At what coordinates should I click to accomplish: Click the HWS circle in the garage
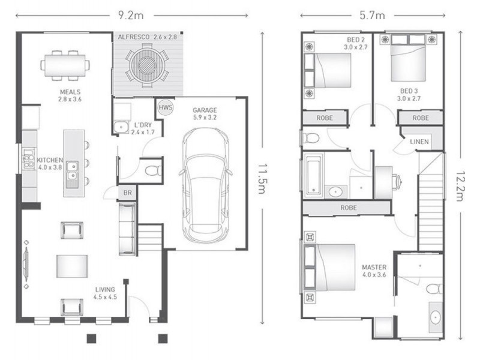tap(166, 108)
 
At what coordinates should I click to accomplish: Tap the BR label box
tap(127, 193)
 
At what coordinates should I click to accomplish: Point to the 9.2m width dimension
tap(131, 15)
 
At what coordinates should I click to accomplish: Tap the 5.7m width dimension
tap(372, 15)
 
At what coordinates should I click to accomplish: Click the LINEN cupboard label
tap(419, 142)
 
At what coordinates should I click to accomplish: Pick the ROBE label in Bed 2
tap(325, 118)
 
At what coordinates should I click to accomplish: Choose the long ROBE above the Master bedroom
tap(349, 208)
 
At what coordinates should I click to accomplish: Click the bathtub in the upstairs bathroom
tap(313, 175)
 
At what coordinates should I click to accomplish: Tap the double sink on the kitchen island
tap(73, 170)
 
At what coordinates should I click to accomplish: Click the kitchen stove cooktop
tap(28, 158)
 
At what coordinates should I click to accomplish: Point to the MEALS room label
tap(70, 92)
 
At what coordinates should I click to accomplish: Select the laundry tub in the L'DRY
tap(121, 127)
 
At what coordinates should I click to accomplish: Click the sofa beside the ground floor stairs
tap(127, 229)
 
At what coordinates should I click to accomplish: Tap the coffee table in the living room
tap(72, 266)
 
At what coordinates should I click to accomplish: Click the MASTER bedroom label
tap(374, 267)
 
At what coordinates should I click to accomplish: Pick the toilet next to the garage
tap(153, 170)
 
